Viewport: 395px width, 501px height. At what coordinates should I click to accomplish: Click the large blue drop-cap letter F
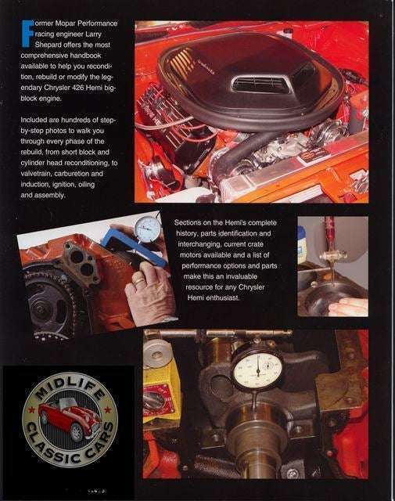click(27, 34)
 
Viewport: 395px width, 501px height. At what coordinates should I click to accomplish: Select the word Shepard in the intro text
click(48, 45)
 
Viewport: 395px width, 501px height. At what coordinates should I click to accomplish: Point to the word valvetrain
click(36, 174)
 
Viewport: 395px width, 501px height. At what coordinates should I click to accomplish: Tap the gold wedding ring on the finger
click(139, 281)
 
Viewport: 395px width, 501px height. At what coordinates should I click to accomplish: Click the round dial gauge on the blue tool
click(147, 229)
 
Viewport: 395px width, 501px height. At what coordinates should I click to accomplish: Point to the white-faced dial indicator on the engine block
click(257, 369)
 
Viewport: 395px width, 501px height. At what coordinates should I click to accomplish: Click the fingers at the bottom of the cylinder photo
click(349, 308)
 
